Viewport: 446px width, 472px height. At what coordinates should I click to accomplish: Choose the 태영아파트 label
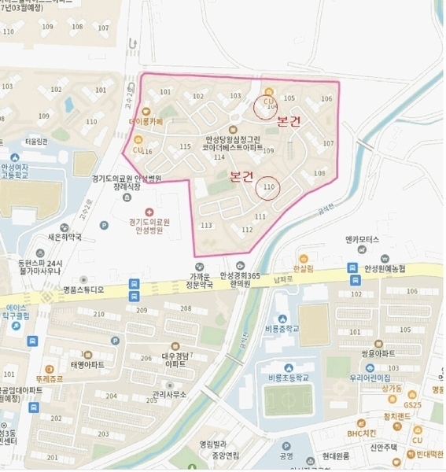point(87,364)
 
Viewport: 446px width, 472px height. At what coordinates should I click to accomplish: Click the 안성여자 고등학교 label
point(15,171)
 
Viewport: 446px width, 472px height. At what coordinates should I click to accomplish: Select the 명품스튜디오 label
point(83,289)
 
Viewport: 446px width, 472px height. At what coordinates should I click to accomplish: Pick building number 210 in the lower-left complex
point(98,313)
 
